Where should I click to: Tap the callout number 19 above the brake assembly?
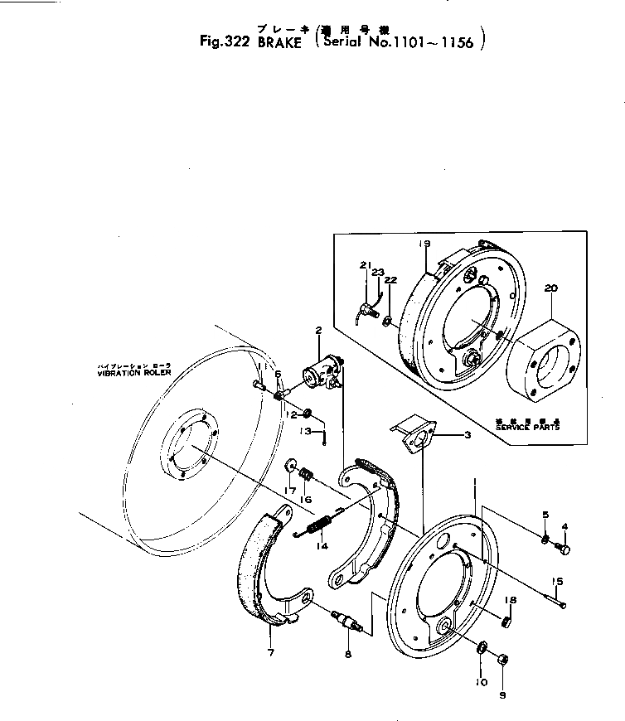pos(424,244)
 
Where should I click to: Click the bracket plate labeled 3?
pos(414,436)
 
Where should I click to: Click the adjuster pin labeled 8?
pos(347,622)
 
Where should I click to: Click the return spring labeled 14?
pos(320,525)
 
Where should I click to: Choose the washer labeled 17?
pos(293,463)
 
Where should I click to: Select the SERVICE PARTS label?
pos(527,428)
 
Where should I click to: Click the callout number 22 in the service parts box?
pos(390,280)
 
